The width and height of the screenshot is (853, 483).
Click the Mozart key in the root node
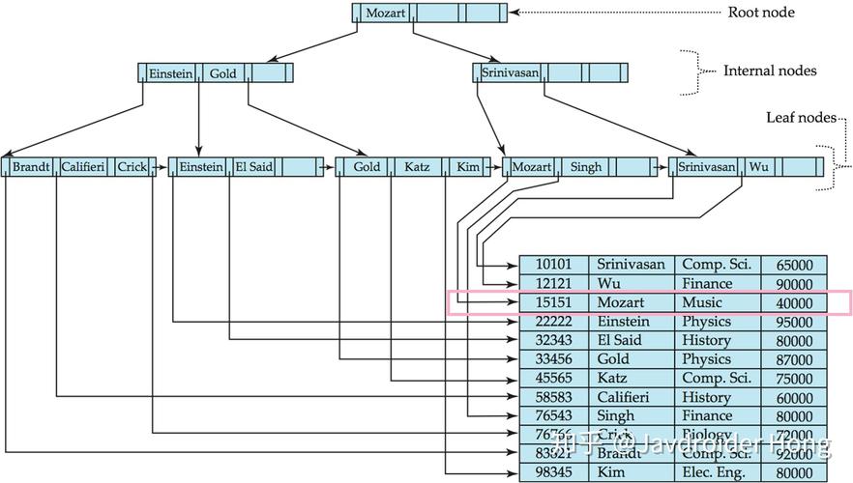385,14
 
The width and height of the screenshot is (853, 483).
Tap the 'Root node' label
760,13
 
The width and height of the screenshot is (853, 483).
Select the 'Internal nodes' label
770,71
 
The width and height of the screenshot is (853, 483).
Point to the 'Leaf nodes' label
801,117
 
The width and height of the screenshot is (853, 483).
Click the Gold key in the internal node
222,73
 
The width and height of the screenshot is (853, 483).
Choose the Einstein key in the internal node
170,73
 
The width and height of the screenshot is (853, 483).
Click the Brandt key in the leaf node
31,167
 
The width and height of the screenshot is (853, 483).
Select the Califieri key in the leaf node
82,167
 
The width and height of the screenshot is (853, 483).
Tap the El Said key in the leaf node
254,167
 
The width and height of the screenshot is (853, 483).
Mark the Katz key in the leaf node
417,167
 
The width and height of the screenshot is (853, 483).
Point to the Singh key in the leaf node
586,167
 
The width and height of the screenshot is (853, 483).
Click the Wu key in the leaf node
758,167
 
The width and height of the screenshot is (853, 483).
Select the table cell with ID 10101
554,265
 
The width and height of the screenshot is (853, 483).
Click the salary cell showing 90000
793,284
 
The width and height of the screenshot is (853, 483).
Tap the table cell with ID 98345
554,472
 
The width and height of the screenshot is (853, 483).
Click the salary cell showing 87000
793,359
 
